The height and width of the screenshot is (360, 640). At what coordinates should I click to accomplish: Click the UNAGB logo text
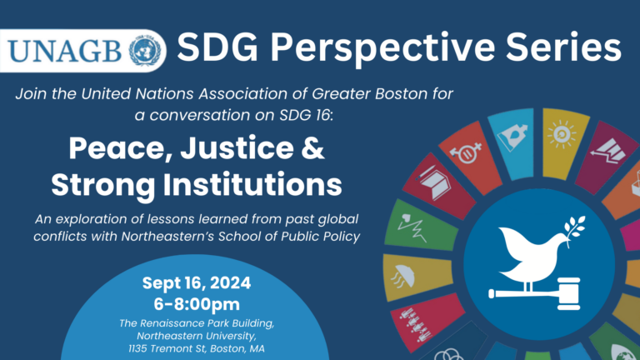point(65,51)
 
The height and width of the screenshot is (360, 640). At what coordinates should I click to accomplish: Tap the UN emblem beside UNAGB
point(144,50)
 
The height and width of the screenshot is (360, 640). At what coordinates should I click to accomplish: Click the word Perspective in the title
point(383,48)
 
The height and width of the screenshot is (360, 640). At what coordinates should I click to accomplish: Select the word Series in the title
point(563,47)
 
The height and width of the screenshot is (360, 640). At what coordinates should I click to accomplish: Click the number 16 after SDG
point(322,115)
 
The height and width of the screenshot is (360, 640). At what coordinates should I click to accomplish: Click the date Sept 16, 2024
point(197,282)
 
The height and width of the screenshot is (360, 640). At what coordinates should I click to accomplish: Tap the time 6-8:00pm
point(197,304)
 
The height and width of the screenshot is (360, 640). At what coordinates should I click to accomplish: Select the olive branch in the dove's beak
point(575,230)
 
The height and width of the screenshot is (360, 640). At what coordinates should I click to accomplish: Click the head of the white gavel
point(569,293)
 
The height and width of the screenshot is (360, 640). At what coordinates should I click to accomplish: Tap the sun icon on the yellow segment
point(562,134)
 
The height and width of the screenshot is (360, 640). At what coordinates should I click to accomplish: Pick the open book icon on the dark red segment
point(434,182)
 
